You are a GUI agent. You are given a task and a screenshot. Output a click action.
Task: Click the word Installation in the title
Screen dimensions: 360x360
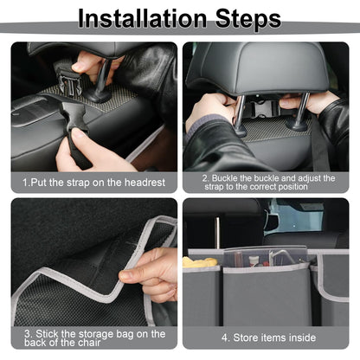point(138,18)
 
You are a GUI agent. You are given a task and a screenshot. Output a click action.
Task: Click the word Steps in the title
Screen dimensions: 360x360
point(245,18)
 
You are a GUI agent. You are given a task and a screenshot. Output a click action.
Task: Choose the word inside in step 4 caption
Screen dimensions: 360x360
point(300,338)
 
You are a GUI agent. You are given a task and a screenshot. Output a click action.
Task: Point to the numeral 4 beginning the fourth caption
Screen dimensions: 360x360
point(224,338)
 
